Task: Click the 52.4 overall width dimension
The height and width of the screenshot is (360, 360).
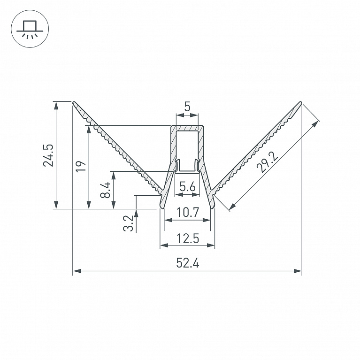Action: (x=188, y=263)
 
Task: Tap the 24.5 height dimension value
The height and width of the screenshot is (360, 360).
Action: (x=48, y=155)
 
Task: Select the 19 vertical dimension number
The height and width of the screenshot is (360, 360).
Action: (x=81, y=166)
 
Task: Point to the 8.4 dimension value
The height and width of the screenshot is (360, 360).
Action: (x=106, y=191)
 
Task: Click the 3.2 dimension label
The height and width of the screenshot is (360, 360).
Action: (x=128, y=223)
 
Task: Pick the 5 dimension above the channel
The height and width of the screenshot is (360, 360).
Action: (x=187, y=107)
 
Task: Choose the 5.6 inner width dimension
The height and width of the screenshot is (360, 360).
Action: (x=187, y=186)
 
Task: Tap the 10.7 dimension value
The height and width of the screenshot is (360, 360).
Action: (x=188, y=212)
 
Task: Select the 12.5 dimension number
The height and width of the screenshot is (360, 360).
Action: (x=188, y=238)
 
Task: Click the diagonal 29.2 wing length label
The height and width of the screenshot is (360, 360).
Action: (x=267, y=162)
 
